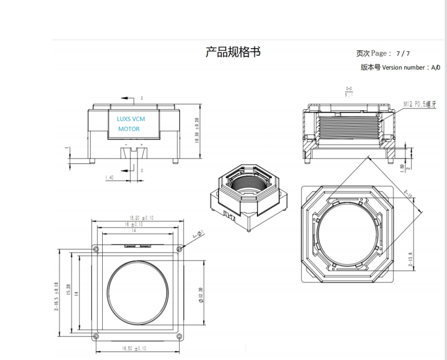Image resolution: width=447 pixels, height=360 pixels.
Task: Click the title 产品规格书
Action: [233, 52]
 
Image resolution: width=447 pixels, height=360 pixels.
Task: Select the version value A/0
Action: [436, 67]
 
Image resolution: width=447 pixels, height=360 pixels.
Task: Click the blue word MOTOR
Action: [129, 130]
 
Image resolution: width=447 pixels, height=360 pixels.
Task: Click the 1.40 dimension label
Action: [110, 178]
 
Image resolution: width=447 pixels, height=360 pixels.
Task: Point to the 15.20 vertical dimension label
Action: [68, 292]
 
